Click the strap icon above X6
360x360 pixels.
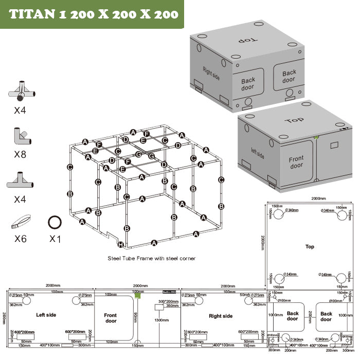point(20,223)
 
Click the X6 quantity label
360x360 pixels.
point(21,239)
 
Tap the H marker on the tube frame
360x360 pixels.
point(120,245)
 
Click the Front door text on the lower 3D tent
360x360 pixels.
point(296,163)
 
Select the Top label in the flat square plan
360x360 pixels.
point(310,247)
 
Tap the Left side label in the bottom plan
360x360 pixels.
point(46,315)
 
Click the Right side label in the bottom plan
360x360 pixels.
point(221,316)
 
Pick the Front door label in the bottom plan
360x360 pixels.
point(111,318)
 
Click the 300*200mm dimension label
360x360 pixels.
point(168,301)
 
